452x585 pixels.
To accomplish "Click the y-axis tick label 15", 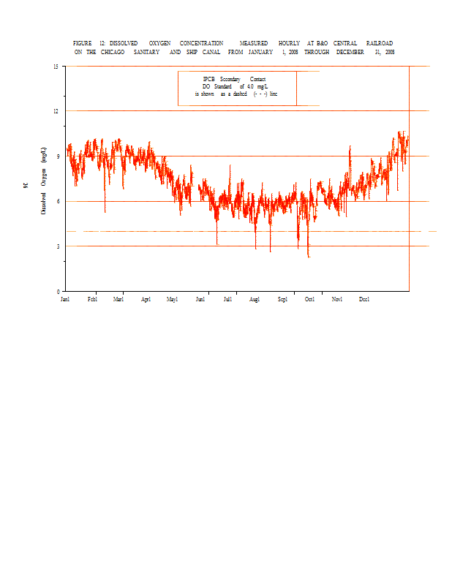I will (x=56, y=66).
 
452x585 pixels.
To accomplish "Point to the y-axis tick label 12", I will (x=56, y=110).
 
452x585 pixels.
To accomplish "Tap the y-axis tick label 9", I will (x=58, y=156).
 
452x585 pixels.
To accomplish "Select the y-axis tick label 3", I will (x=58, y=246).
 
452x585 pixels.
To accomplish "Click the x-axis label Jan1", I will (x=65, y=299).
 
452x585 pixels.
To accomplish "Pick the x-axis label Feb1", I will (x=92, y=299).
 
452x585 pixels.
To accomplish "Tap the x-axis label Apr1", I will (x=146, y=299).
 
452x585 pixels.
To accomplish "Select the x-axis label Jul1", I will (x=228, y=299).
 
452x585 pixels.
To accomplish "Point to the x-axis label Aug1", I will (x=255, y=299).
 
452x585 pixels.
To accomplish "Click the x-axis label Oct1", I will (x=309, y=299).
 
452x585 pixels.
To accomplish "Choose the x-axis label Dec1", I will (x=364, y=299).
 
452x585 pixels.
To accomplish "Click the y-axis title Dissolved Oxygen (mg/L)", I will (x=44, y=179).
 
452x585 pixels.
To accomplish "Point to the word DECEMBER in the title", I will (x=350, y=53).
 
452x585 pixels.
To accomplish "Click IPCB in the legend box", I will (x=209, y=79).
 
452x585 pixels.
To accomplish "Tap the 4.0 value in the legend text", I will (x=252, y=86).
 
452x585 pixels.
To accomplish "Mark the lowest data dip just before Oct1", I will (x=309, y=257).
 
